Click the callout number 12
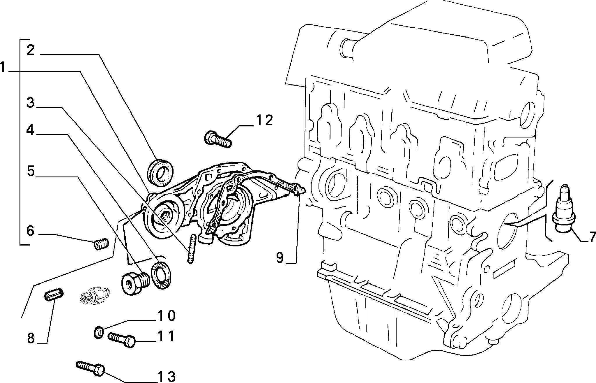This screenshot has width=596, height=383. point(264,120)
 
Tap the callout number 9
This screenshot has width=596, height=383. point(280,257)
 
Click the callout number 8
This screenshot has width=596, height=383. point(31,338)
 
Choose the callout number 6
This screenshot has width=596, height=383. point(31,231)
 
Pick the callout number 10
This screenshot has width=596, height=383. point(167,316)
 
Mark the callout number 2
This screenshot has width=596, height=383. point(31,50)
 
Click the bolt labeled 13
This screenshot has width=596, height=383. point(91,368)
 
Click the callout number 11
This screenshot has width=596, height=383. point(166,336)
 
